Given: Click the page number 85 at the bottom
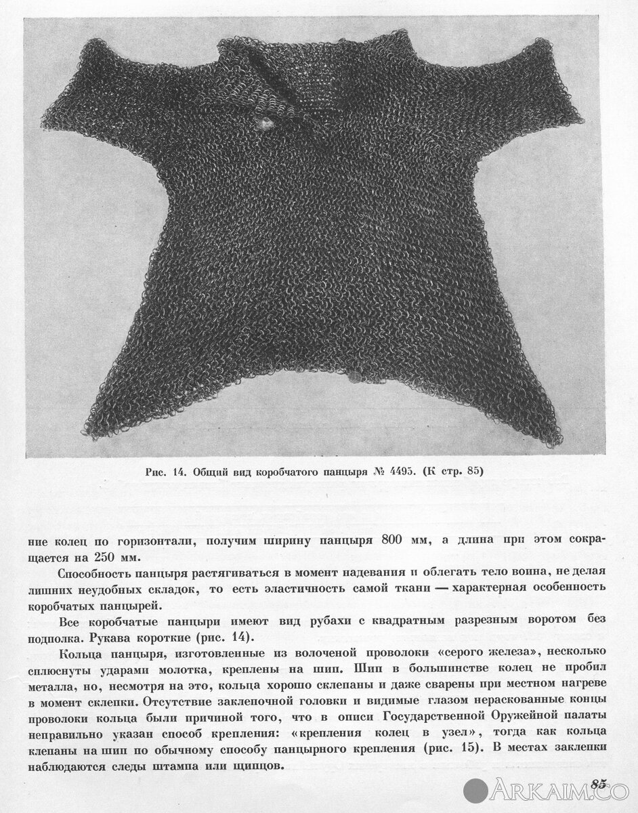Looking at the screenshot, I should point(598,784).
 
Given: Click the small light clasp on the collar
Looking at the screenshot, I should point(265,122).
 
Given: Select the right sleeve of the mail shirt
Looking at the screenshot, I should point(535,88).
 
